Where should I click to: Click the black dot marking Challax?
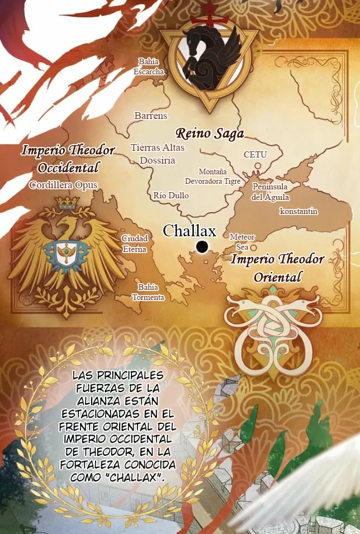tap(202, 246)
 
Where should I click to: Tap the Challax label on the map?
tap(189, 231)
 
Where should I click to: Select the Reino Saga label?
tap(210, 133)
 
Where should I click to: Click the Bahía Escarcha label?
tap(149, 66)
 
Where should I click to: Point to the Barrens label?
tap(151, 116)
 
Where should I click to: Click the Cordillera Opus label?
tap(63, 185)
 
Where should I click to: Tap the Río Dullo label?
tap(171, 196)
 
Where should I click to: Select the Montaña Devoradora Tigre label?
tap(213, 177)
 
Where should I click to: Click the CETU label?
tap(255, 154)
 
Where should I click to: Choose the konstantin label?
tap(299, 211)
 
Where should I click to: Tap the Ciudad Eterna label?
tap(135, 244)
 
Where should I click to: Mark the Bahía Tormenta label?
tap(148, 292)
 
